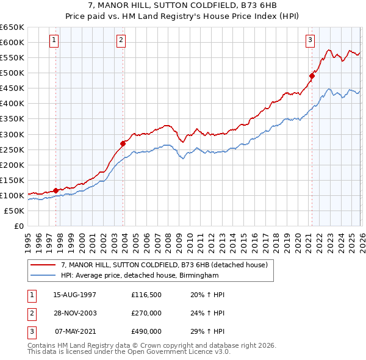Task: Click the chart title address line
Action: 182,5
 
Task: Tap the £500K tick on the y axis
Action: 12,73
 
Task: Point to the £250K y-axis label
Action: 12,149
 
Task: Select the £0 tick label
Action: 18,226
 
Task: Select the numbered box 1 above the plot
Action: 54,40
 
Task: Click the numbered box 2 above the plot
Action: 121,40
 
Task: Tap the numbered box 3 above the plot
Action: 310,40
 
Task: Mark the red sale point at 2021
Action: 311,76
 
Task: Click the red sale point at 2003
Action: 123,143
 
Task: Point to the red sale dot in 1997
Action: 56,190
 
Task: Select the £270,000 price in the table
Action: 146,313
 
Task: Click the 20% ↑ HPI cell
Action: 204,295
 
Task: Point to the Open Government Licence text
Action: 128,353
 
